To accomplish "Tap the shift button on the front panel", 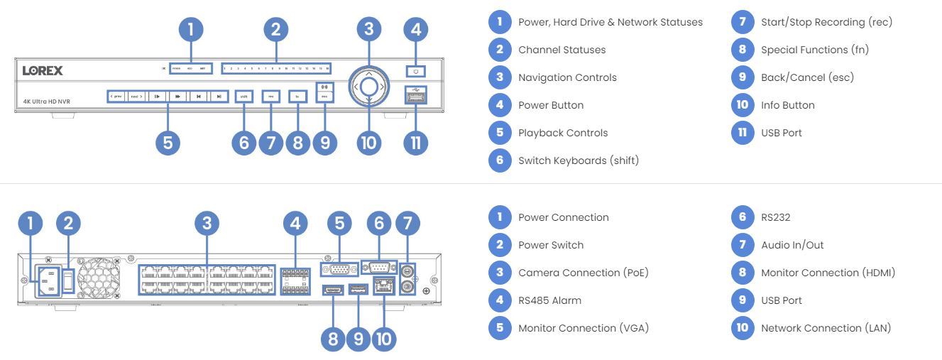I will (243, 95).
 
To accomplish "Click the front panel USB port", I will (416, 96).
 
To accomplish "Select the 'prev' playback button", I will (116, 95).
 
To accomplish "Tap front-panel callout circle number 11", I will (416, 142).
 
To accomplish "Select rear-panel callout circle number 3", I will (206, 224).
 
